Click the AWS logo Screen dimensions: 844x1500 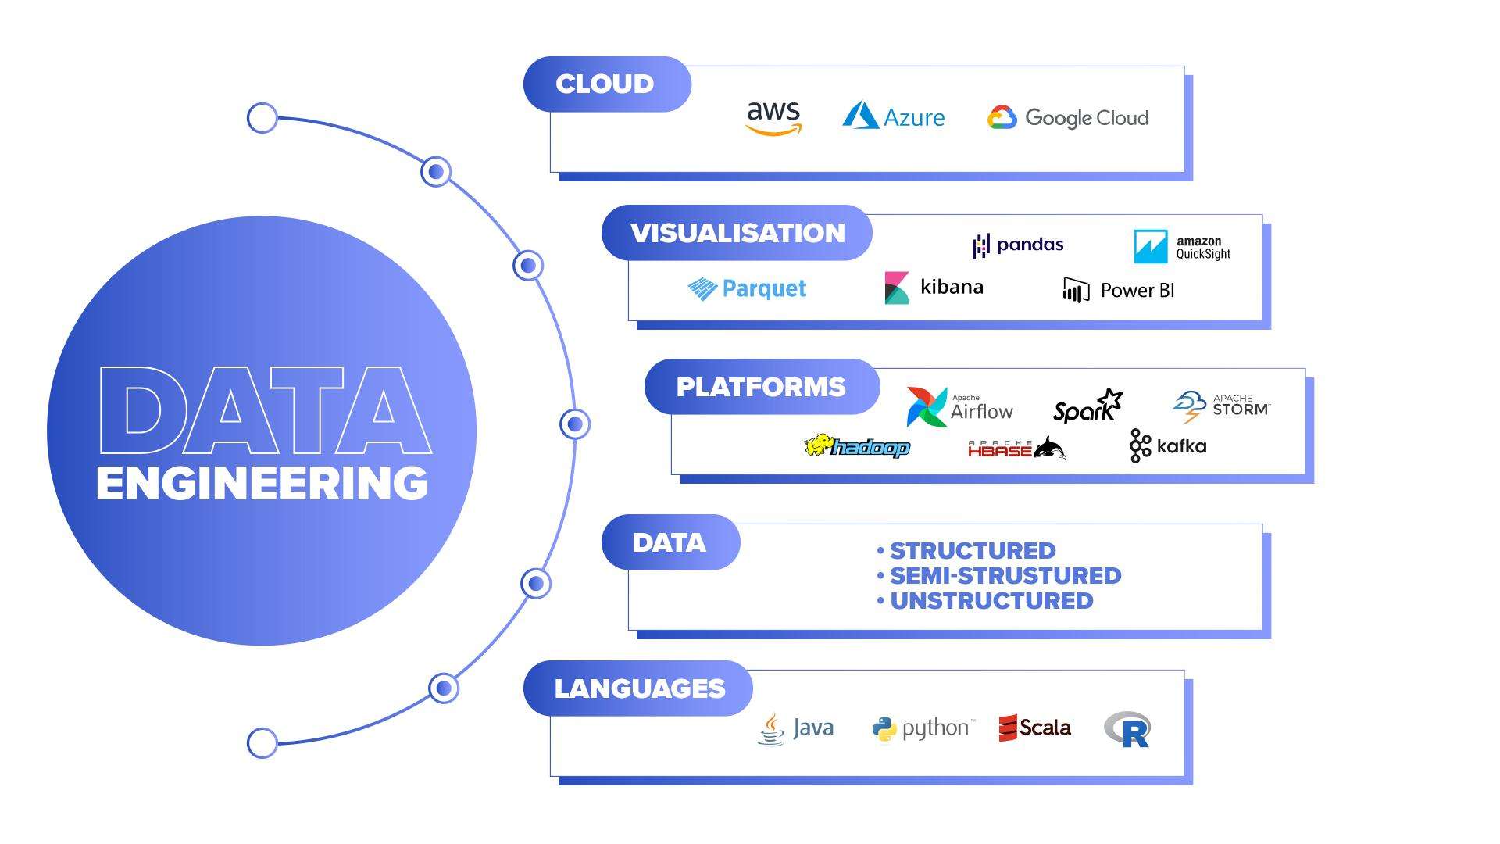tap(773, 117)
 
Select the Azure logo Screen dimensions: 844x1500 tap(893, 116)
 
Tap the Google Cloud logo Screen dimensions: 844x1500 tap(1068, 117)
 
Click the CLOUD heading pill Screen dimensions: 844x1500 tap(606, 84)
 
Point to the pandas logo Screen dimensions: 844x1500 tap(1018, 245)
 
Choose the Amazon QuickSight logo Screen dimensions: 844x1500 tap(1182, 247)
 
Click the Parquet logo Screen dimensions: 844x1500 tap(747, 288)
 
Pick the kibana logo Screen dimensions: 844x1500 tap(934, 288)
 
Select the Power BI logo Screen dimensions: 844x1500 tap(1118, 290)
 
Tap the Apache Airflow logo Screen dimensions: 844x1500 tap(959, 406)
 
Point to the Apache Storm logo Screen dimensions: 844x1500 tap(1221, 406)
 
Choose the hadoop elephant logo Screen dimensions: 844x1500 tap(857, 446)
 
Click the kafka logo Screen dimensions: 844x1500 tap(1168, 446)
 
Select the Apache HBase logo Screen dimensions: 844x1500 tap(1016, 449)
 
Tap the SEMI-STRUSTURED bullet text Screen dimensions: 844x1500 tap(1005, 576)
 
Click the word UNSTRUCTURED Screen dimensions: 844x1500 tap(991, 601)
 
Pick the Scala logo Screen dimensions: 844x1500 tap(1035, 728)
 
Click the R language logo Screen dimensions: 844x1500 tap(1127, 729)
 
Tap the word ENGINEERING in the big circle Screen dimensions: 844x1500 tap(262, 483)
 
